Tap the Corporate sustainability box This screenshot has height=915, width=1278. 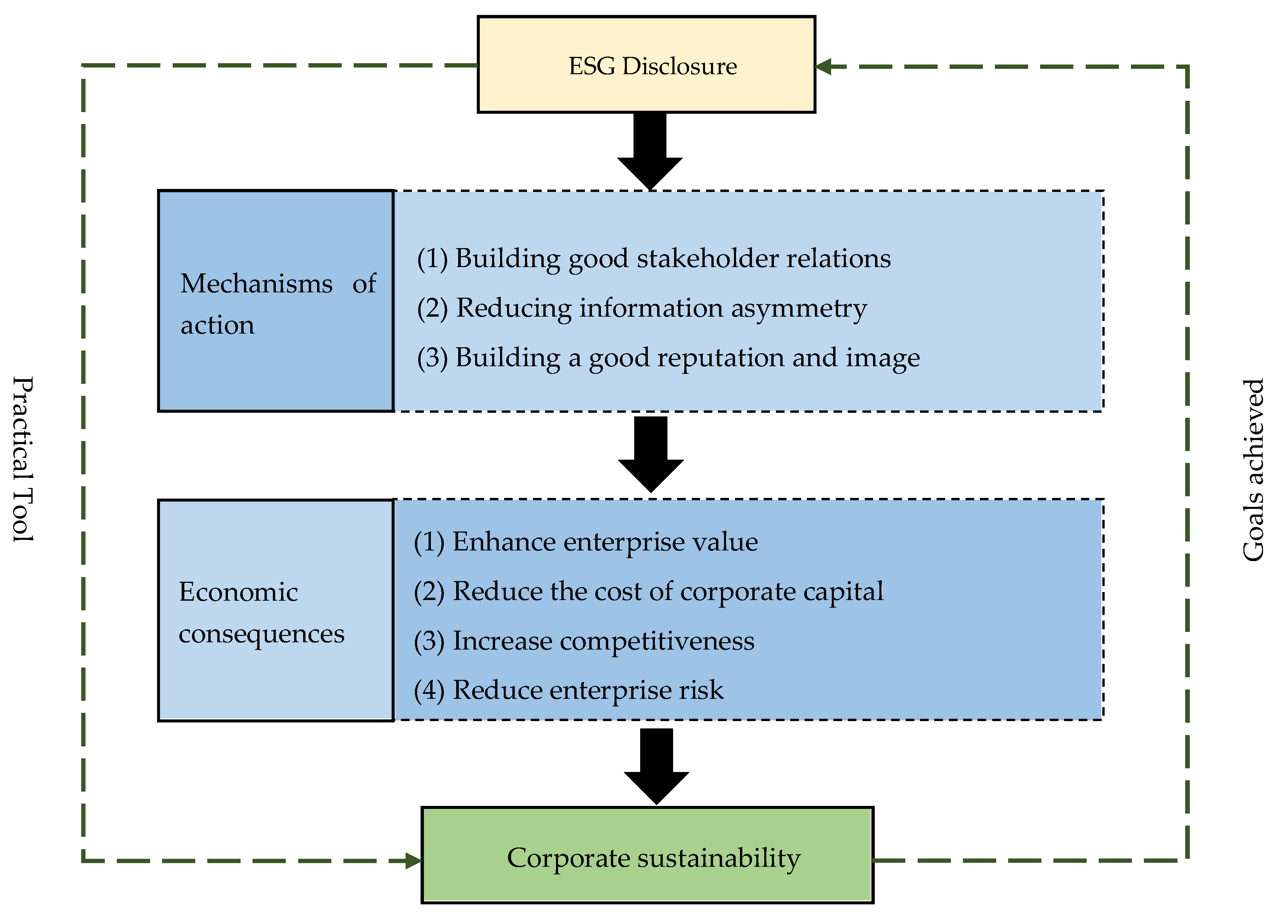[x=647, y=855]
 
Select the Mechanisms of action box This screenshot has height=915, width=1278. [x=275, y=301]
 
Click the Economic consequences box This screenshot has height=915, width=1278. [x=275, y=610]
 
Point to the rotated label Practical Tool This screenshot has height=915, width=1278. [x=23, y=459]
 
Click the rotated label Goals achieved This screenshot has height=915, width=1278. [x=1254, y=470]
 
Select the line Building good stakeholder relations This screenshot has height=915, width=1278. [x=654, y=259]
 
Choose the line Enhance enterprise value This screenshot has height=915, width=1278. [x=586, y=542]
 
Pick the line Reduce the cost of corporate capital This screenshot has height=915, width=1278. [x=648, y=592]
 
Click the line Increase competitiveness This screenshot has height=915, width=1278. [x=584, y=641]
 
